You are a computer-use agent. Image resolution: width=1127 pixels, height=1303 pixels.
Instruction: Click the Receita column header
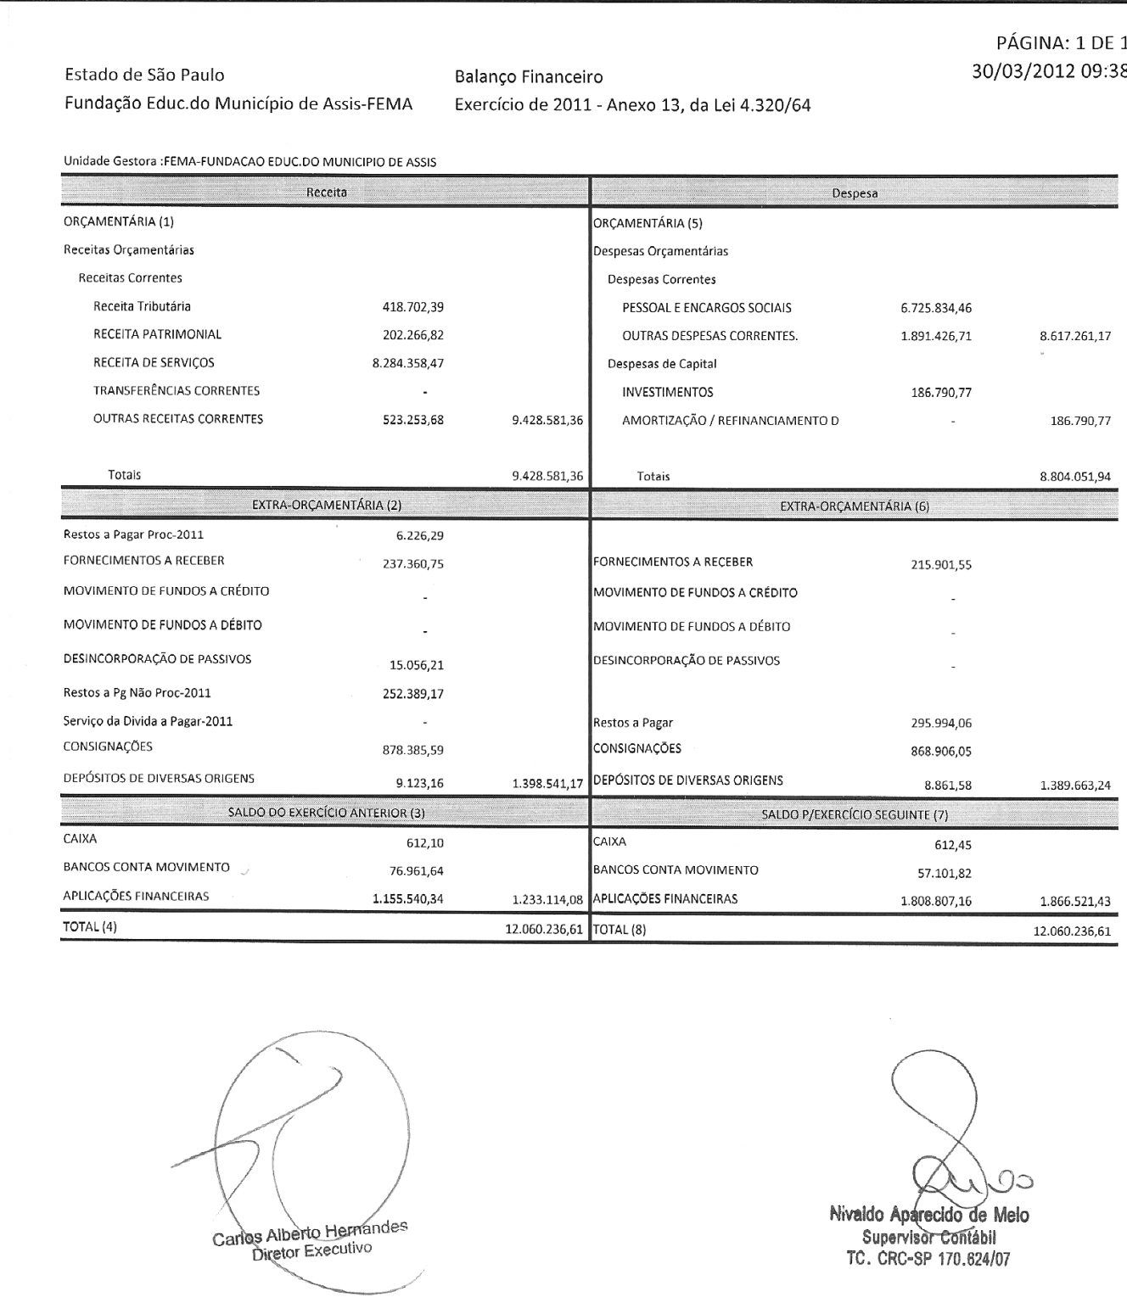point(327,193)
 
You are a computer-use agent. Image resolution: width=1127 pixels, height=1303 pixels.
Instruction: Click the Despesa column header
point(855,193)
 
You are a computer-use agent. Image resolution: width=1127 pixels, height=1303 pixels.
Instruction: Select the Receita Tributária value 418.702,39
point(413,307)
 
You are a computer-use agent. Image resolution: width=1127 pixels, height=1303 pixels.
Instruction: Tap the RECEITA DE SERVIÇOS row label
point(154,363)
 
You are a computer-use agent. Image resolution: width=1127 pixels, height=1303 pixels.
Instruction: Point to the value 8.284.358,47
point(402,364)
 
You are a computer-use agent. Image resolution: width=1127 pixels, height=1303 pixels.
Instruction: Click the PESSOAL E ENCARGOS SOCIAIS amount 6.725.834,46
point(936,308)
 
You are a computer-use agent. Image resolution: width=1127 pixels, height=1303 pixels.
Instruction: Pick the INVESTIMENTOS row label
point(668,393)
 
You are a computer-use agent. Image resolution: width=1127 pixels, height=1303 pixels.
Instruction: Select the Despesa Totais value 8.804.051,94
point(1075,477)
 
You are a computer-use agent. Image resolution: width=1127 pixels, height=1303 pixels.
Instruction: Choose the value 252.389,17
point(413,694)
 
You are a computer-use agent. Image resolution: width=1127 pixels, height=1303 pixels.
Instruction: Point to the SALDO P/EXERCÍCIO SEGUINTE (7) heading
point(855,815)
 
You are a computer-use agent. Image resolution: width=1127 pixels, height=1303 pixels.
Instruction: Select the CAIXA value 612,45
point(953,845)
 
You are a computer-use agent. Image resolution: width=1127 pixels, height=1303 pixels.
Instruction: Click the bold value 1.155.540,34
point(408,898)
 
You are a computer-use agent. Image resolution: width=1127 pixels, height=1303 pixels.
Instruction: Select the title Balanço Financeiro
point(529,77)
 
